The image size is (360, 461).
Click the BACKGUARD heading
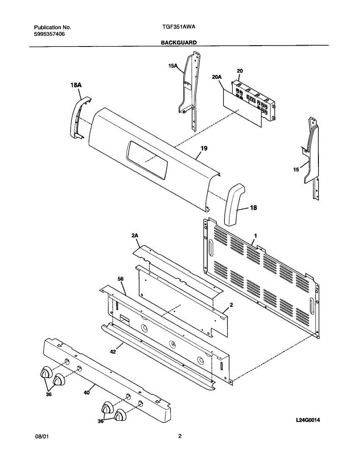click(179, 43)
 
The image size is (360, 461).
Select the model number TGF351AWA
click(179, 28)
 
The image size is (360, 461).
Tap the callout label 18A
click(76, 85)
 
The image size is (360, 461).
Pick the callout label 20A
click(217, 77)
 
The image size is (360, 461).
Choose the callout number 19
click(204, 148)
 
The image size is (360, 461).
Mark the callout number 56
click(120, 279)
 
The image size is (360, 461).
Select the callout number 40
click(87, 392)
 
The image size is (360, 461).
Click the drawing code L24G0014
click(308, 420)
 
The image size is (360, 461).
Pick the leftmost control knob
click(46, 372)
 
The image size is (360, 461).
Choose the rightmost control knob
click(121, 416)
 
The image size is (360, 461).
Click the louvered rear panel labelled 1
click(261, 277)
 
